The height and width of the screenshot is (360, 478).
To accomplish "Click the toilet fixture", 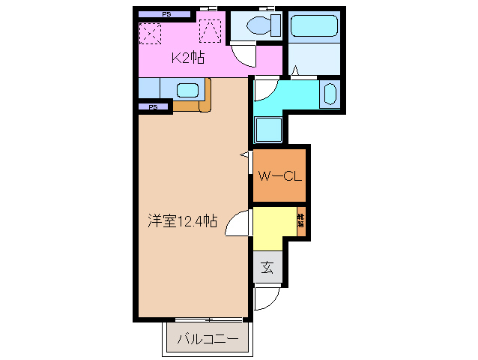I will tap(257, 26).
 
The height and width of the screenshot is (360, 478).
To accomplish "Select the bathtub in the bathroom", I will tap(315, 26).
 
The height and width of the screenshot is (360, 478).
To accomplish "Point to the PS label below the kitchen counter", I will tap(153, 107).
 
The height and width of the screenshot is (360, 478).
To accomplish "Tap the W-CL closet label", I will tap(279, 177).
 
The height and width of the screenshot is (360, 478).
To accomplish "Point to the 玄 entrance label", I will tap(267, 267).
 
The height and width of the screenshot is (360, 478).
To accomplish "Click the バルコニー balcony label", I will tap(208, 339).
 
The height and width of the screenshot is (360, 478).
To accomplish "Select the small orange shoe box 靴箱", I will tap(301, 220).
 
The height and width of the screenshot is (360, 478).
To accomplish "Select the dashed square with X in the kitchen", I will tap(151, 33).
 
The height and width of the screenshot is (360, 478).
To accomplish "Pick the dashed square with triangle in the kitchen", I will tap(211, 31).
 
